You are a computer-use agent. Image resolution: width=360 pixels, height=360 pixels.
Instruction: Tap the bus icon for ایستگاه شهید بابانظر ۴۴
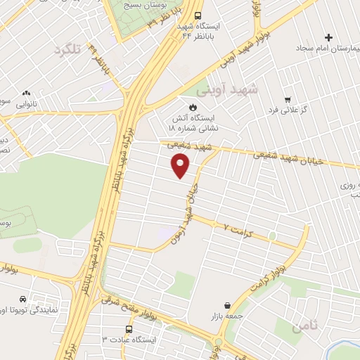pos(198,15)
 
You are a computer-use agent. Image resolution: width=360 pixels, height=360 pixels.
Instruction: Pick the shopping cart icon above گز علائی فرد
pos(288,99)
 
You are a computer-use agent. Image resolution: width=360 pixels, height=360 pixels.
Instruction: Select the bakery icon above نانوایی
pos(26,92)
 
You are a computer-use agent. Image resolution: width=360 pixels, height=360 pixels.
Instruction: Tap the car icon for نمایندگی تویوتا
pos(24,297)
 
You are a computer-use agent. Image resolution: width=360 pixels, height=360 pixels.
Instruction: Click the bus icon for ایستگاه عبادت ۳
pos(128,328)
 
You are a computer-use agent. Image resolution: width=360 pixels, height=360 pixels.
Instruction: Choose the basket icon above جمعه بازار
pos(227,305)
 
